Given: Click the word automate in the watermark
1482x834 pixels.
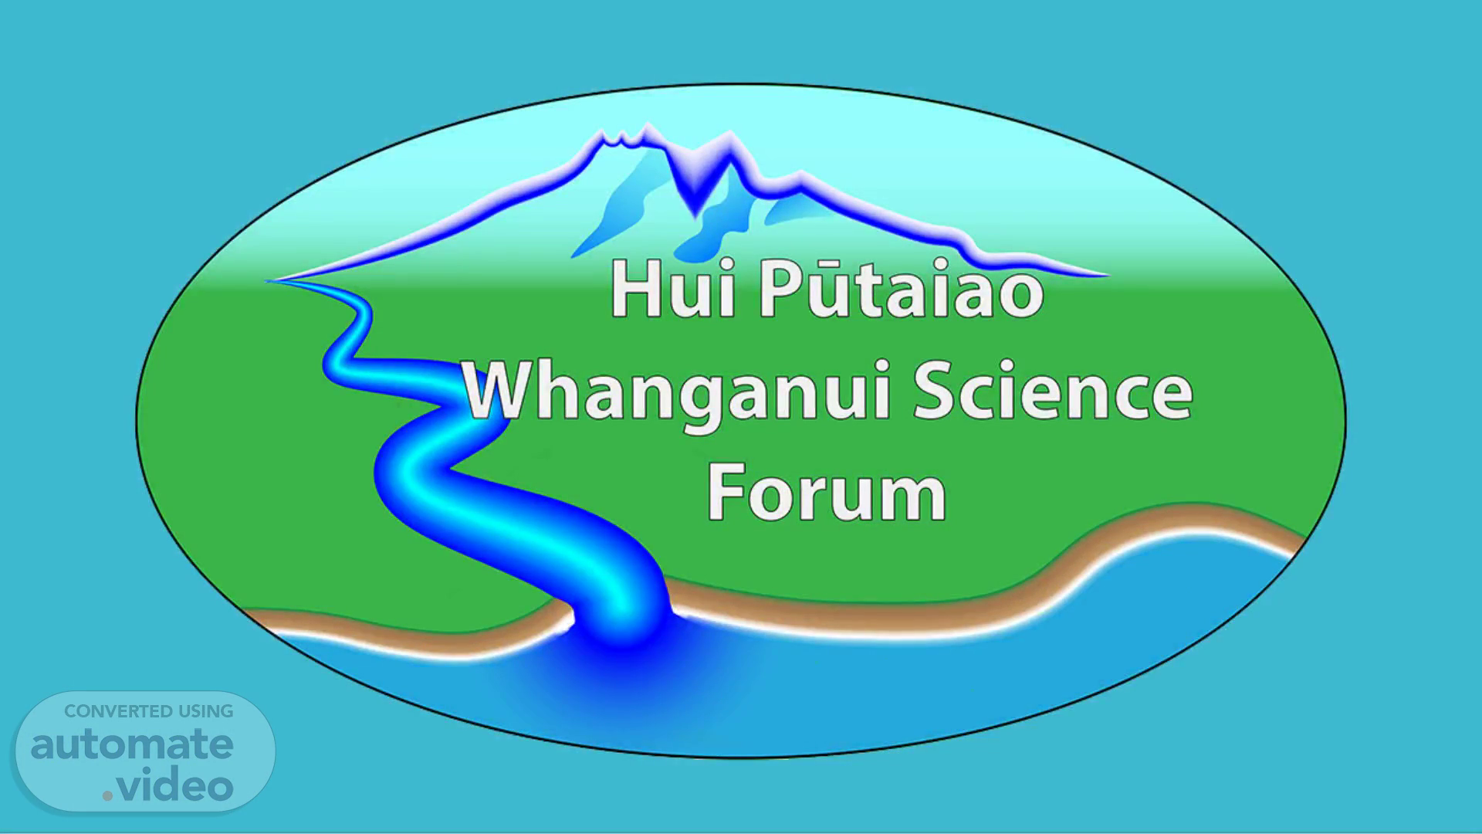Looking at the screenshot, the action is (x=132, y=744).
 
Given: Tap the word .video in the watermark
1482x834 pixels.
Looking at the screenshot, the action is (x=168, y=786).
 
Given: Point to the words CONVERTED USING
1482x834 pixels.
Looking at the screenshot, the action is (x=148, y=711).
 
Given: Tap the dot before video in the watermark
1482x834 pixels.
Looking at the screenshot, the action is (x=108, y=796).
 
